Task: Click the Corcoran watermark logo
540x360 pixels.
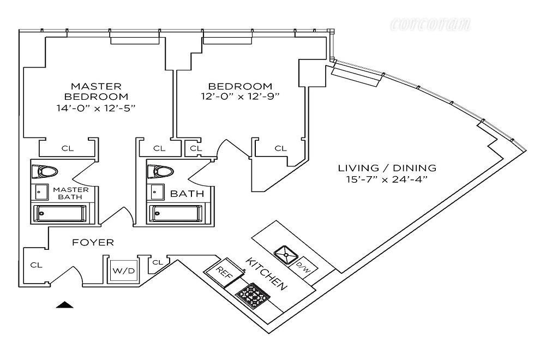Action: pyautogui.click(x=430, y=23)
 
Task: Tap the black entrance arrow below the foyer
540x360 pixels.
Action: pyautogui.click(x=65, y=305)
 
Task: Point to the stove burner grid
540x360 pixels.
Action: pyautogui.click(x=253, y=296)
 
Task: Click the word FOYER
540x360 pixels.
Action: pyautogui.click(x=93, y=242)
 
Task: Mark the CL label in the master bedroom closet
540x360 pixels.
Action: pyautogui.click(x=68, y=148)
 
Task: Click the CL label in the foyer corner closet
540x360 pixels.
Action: pyautogui.click(x=36, y=265)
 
